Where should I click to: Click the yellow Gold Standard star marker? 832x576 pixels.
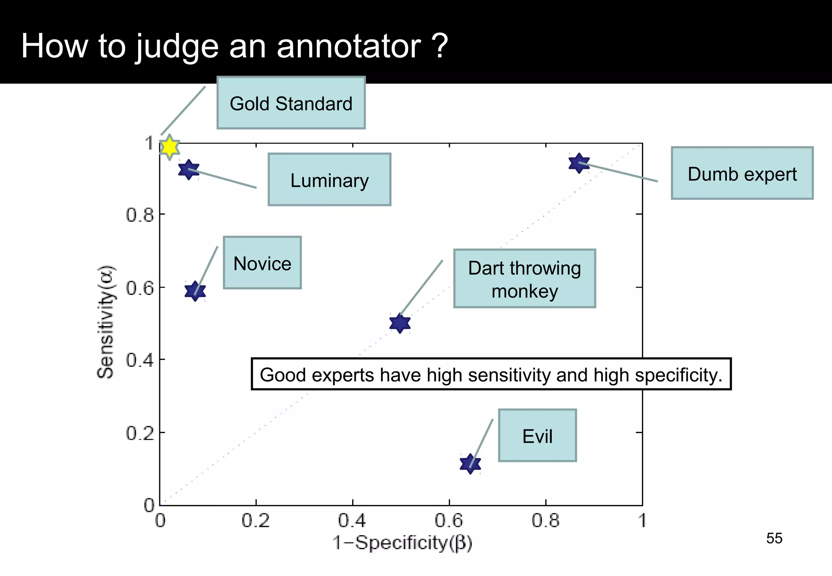(169, 147)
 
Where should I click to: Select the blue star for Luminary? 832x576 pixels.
(188, 169)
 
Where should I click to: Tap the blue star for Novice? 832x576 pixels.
(195, 291)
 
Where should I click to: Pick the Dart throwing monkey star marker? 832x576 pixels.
(400, 323)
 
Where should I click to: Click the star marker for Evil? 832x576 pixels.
(470, 463)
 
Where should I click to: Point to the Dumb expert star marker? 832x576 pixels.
(579, 163)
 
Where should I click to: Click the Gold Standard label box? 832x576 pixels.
(291, 103)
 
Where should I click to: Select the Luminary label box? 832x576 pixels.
(329, 180)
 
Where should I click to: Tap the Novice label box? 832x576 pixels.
(262, 263)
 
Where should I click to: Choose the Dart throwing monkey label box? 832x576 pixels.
(524, 279)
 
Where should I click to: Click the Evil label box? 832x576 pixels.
(537, 435)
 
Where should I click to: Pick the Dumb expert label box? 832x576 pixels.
(742, 173)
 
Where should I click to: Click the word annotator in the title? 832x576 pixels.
(349, 46)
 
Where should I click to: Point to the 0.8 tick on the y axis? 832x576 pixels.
(140, 215)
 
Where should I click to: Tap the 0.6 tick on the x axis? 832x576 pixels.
(448, 521)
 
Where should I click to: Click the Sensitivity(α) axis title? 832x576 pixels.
(106, 322)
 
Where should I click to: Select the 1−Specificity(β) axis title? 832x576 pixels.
(402, 543)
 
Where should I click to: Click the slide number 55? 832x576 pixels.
(774, 538)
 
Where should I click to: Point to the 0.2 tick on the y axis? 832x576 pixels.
(140, 433)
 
